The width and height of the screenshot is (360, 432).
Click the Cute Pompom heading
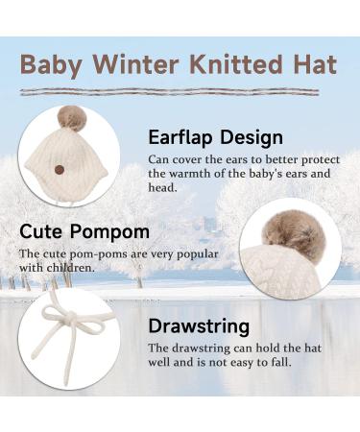pos(84,232)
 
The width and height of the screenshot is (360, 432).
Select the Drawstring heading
pos(199,326)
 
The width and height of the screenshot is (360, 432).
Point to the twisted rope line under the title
pos(179,91)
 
